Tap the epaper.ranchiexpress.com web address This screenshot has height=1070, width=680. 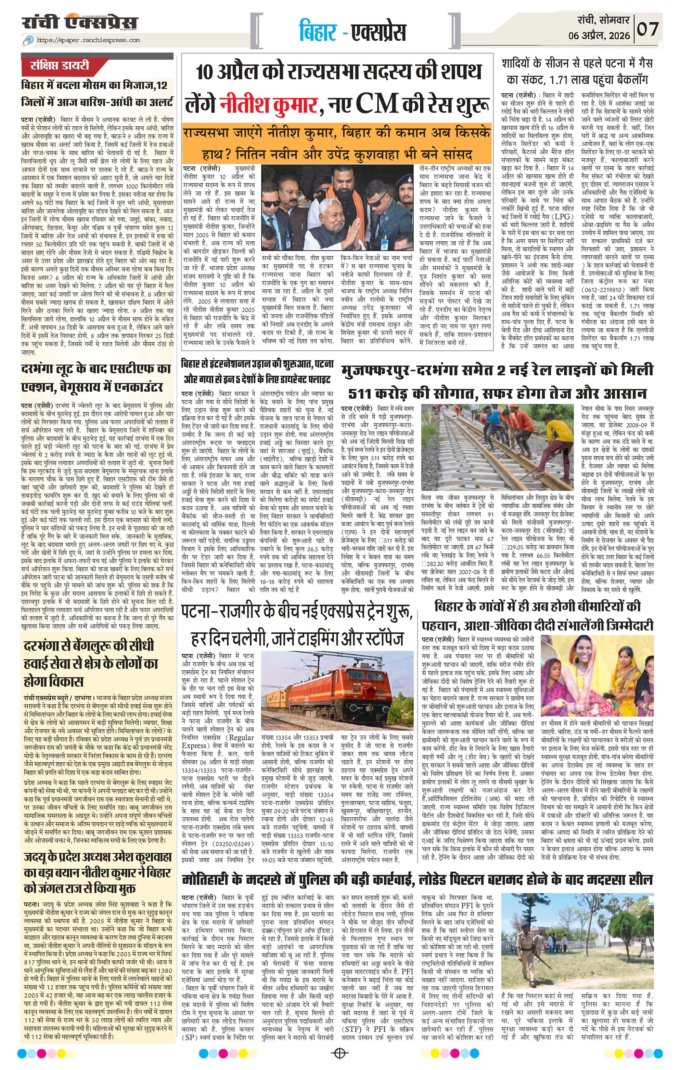89,40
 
